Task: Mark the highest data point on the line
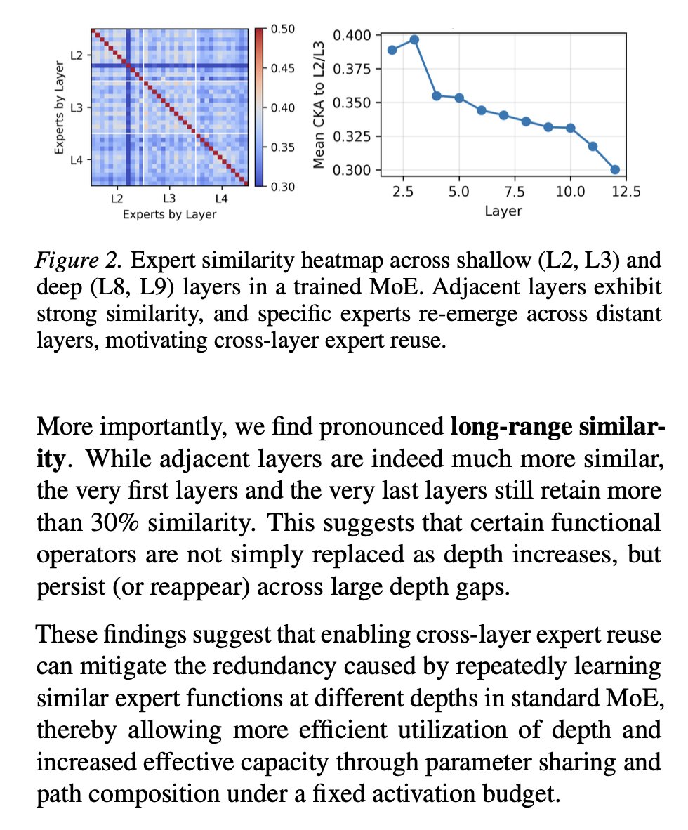coord(414,39)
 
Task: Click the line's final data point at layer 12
coord(615,169)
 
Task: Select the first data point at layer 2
coord(392,50)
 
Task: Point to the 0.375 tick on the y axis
coord(354,69)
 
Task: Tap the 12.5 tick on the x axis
coord(626,192)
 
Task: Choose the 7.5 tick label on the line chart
coord(514,192)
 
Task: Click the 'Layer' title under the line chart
coord(503,210)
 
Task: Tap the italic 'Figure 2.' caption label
coord(79,260)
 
